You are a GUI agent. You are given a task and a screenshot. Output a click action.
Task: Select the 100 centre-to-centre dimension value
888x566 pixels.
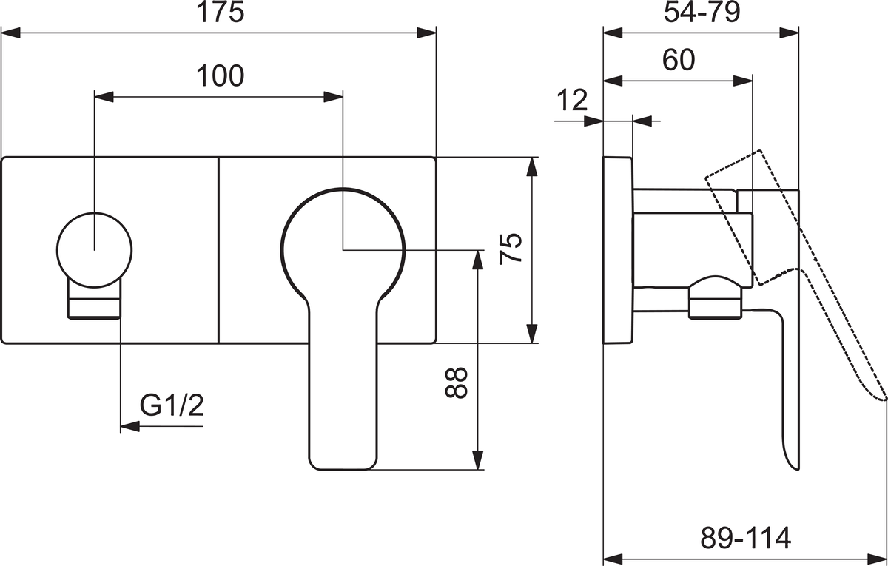tap(221, 75)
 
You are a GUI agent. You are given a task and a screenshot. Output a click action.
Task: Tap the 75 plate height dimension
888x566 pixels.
tap(511, 249)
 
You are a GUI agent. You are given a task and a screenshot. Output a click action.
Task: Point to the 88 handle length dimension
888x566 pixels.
tap(456, 383)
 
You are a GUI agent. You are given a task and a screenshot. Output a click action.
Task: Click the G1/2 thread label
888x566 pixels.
tap(172, 405)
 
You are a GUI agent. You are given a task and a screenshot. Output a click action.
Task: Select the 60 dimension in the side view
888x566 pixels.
tap(679, 60)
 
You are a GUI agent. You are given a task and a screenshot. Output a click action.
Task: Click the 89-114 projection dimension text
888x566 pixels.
tap(746, 538)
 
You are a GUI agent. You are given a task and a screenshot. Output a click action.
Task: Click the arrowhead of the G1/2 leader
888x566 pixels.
tap(129, 426)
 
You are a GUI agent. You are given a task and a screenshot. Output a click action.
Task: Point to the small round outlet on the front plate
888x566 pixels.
tap(95, 250)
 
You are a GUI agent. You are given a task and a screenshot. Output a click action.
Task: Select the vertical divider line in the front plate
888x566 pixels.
tap(218, 250)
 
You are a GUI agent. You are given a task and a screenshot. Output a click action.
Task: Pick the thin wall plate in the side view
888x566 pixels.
tap(618, 250)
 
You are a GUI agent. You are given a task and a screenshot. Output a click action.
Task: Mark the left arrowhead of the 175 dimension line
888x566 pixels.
tap(10, 33)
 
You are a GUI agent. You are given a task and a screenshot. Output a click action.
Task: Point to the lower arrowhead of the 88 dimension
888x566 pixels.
tap(478, 460)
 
